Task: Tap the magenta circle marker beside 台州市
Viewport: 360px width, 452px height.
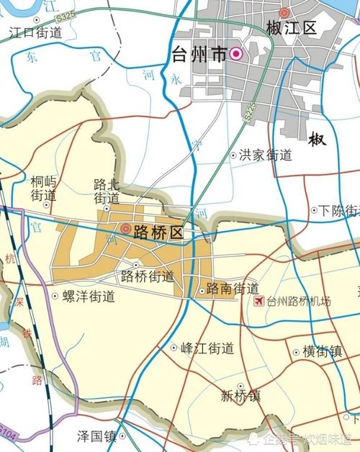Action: (x=236, y=54)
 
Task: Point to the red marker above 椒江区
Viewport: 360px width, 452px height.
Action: (x=284, y=12)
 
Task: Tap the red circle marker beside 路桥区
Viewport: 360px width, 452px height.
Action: (x=126, y=229)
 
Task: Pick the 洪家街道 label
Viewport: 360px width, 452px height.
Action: (x=266, y=155)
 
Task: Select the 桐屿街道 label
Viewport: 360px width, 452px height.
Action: (x=44, y=189)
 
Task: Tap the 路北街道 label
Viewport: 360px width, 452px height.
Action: (x=107, y=191)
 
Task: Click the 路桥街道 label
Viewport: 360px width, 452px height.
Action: (x=148, y=276)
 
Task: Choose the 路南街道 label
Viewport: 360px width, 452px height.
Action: (x=233, y=289)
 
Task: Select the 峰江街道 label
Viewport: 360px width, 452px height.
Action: (x=207, y=348)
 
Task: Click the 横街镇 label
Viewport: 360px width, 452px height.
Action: (x=322, y=352)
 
